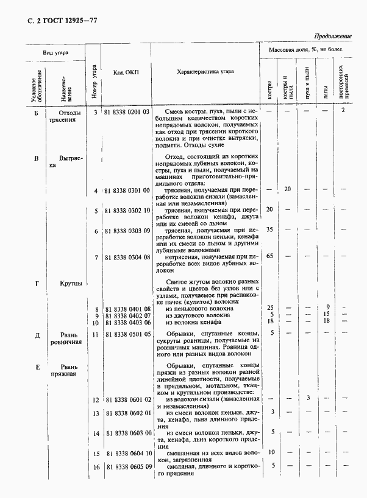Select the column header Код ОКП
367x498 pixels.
[126, 72]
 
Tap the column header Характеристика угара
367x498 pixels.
[205, 72]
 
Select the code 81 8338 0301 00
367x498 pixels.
[127, 191]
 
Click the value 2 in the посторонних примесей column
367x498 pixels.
[344, 110]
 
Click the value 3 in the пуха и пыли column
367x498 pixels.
[308, 398]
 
